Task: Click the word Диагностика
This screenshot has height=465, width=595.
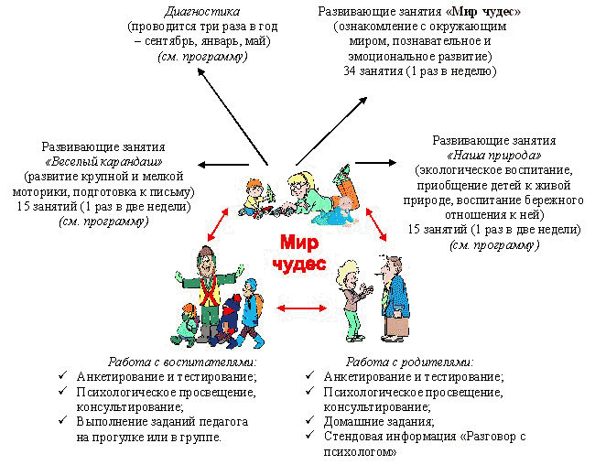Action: (202, 12)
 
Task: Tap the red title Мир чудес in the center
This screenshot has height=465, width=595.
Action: (299, 253)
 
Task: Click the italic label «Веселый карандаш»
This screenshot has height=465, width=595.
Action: (103, 162)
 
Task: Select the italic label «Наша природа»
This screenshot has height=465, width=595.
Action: (494, 156)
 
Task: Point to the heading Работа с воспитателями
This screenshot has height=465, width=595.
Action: (182, 362)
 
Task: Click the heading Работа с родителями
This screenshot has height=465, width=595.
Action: (410, 362)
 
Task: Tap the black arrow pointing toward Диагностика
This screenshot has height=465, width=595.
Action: (233, 116)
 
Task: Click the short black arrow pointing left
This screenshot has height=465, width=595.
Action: (223, 165)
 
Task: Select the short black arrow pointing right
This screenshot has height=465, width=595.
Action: (375, 163)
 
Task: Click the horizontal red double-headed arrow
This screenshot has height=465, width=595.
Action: (302, 308)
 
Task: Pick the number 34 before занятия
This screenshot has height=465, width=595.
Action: (350, 71)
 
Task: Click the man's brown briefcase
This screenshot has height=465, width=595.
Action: (397, 325)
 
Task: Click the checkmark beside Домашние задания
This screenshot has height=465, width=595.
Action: (310, 420)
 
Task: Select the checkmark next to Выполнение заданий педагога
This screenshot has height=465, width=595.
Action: (63, 420)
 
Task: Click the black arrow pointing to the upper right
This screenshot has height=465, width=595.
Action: (331, 131)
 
